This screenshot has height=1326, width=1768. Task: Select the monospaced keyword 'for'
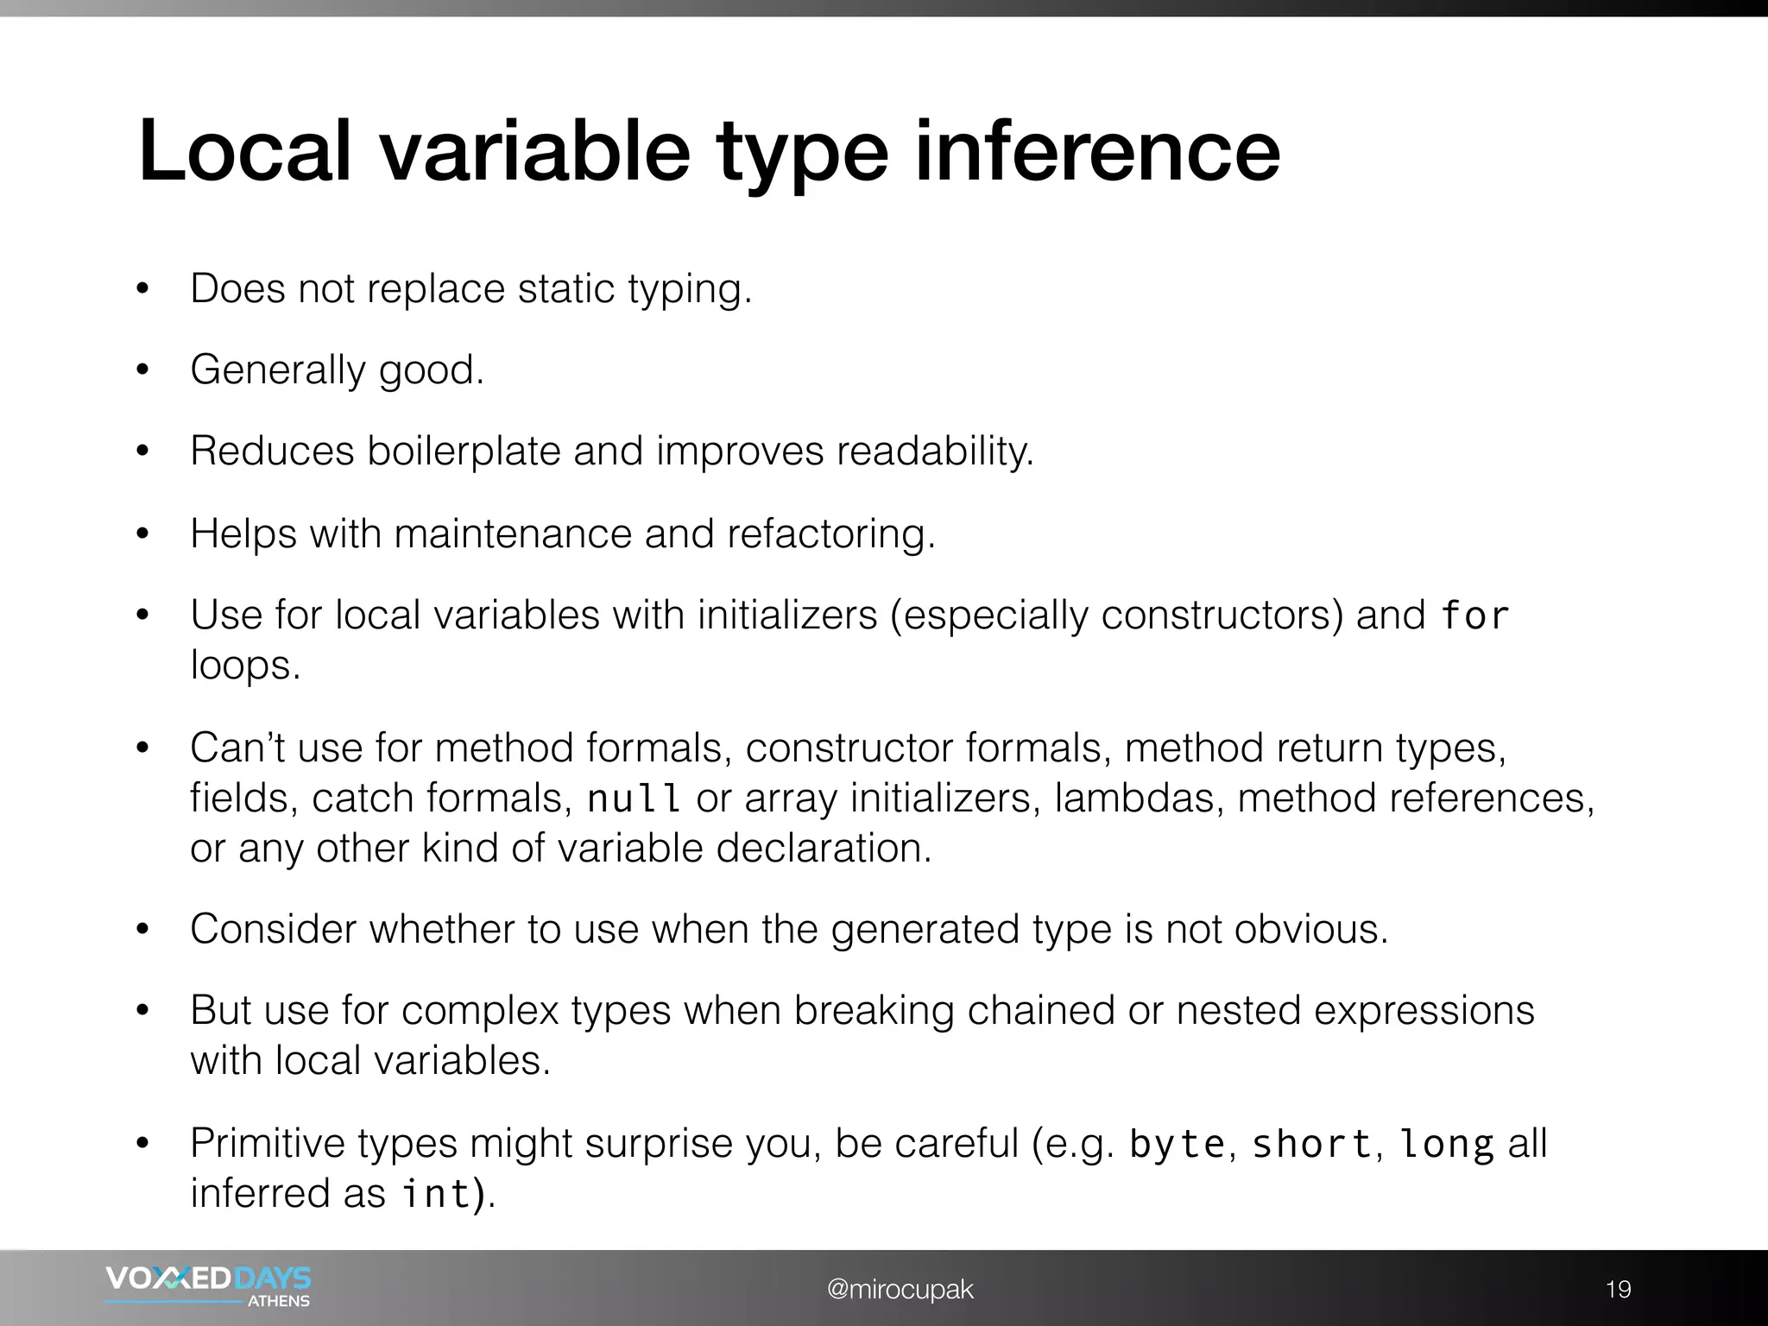pyautogui.click(x=1474, y=616)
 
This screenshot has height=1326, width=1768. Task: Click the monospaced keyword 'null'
pyautogui.click(x=635, y=799)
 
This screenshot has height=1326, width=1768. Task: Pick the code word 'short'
pyautogui.click(x=1311, y=1145)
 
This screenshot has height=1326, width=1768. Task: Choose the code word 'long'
pyautogui.click(x=1446, y=1145)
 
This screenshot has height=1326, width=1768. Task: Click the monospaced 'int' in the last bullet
pyautogui.click(x=437, y=1194)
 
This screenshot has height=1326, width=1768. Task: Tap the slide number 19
pyautogui.click(x=1618, y=1289)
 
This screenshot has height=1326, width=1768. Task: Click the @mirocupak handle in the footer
pyautogui.click(x=900, y=1289)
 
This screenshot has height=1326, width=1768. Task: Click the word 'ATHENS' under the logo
pyautogui.click(x=279, y=1301)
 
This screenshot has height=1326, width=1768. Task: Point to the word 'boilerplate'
pyautogui.click(x=464, y=451)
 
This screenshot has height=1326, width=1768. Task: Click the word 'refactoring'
pyautogui.click(x=830, y=534)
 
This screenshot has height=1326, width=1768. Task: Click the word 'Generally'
pyautogui.click(x=278, y=370)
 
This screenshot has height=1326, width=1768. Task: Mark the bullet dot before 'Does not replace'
pyautogui.click(x=143, y=289)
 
